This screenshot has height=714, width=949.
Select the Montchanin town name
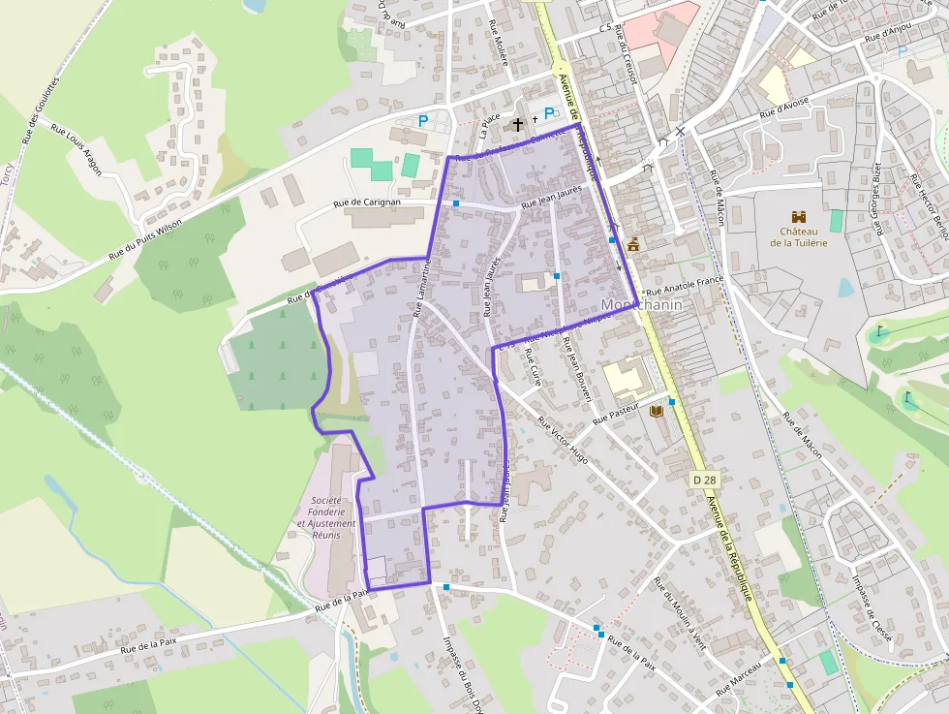(642, 305)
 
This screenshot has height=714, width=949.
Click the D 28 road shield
(705, 480)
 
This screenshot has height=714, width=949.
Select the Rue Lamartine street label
(420, 288)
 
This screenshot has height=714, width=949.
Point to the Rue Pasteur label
(617, 414)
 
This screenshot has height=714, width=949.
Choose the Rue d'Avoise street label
(784, 110)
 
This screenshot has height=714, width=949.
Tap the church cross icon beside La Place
(518, 124)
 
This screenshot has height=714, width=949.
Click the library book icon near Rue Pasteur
(656, 412)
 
